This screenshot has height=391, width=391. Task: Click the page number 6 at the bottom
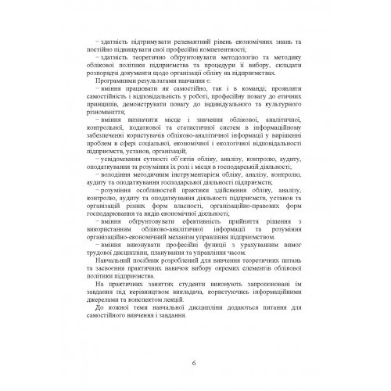coord(195,362)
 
